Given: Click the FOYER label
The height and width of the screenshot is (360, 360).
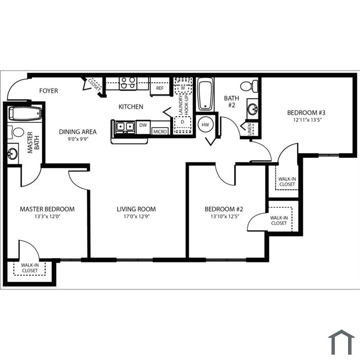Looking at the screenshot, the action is coord(48,91).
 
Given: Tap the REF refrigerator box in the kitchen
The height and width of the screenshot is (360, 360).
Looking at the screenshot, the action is coord(160,87).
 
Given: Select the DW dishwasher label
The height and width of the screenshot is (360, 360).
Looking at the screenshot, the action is coord(143,125).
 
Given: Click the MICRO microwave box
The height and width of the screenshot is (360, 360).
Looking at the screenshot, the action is coord(160,132).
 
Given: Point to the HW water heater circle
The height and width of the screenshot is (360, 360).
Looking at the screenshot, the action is coord(205,124).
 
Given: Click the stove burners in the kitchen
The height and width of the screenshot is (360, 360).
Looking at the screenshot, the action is coord(128,83).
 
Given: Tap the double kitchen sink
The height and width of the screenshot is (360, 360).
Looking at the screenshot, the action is coord(125,127).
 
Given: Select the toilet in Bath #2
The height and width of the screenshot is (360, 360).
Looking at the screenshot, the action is coord(249,86).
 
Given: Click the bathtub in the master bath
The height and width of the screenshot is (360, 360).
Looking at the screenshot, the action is coord(25,114).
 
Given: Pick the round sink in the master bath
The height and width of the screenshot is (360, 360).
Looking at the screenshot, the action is coord(12,154).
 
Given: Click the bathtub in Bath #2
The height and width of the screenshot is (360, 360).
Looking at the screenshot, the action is coord(206,94).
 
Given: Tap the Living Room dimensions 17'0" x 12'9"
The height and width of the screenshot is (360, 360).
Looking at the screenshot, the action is coord(137,217).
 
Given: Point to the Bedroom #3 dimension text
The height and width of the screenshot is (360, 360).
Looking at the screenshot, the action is coord(306,120).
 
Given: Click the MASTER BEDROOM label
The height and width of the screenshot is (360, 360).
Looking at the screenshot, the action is coord(47,209).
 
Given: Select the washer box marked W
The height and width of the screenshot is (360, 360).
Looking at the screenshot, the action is coord(183,88).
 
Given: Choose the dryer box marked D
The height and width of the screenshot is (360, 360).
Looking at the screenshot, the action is coord(183,125).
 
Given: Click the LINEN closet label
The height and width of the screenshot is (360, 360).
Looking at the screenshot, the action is coord(249,130).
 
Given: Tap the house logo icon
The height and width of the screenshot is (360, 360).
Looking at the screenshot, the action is coord(341,342).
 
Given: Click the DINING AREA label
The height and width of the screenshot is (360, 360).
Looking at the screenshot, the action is coord(78,132).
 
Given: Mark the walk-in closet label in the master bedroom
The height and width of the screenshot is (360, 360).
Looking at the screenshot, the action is coord(30,268).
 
